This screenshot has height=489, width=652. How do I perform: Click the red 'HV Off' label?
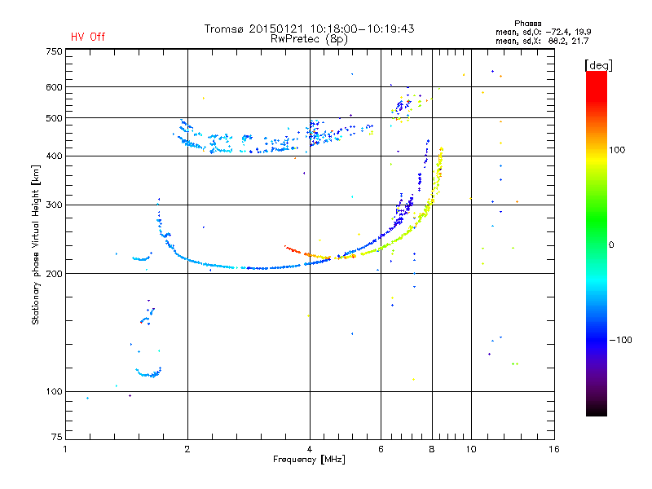(x=87, y=37)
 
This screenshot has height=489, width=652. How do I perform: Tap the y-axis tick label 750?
(x=54, y=51)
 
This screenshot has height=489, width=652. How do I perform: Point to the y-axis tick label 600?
(x=54, y=86)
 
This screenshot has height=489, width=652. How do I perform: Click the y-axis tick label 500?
(x=54, y=117)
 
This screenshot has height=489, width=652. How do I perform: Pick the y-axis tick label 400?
(x=54, y=156)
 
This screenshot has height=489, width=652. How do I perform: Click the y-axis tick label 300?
(x=54, y=205)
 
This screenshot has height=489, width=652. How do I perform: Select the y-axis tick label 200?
(x=54, y=273)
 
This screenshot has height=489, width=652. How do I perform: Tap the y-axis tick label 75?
(x=56, y=439)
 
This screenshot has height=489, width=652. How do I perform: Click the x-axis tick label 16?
(x=553, y=449)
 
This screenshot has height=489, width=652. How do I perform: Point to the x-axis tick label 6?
(x=381, y=449)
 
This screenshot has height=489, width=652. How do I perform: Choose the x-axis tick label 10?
(x=470, y=449)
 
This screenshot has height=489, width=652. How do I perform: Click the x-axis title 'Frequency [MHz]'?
(x=309, y=460)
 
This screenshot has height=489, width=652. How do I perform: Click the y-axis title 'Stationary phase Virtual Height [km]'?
(x=36, y=244)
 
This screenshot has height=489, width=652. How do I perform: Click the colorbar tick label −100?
(x=621, y=340)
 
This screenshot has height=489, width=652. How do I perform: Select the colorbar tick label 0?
(x=612, y=244)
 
